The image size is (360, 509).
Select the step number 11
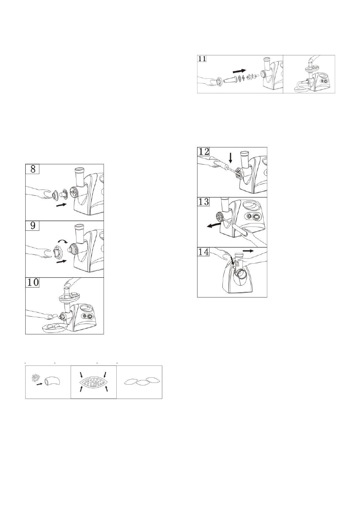click(202, 59)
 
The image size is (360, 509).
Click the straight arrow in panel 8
click(62, 206)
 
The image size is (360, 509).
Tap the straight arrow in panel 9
click(62, 262)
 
